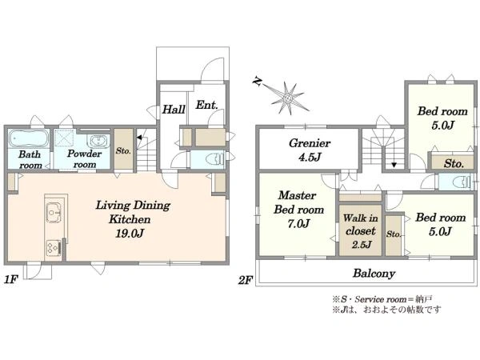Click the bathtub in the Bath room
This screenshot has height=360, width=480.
(29, 138)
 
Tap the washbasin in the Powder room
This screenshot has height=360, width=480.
(98, 141)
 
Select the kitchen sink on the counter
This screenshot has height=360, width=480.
(54, 211)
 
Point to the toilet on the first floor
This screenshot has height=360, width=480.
(215, 159)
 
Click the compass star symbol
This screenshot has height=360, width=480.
(288, 98)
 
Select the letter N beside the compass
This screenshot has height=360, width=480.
(257, 82)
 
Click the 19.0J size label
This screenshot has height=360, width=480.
(130, 234)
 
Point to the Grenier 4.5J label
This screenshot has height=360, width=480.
(310, 150)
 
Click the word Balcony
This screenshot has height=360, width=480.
(374, 273)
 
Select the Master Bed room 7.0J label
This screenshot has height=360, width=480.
(298, 210)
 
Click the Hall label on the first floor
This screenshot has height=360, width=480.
(174, 110)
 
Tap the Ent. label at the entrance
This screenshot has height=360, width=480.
(207, 105)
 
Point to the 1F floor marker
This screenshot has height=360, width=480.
(11, 279)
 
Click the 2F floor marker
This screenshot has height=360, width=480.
(246, 280)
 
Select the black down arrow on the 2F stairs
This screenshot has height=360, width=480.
(394, 165)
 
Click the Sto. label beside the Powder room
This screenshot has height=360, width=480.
(123, 150)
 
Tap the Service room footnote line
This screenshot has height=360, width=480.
(382, 299)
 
